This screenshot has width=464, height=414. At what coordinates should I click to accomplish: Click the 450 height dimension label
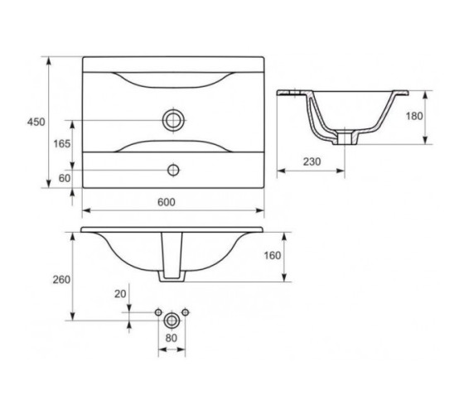(36, 122)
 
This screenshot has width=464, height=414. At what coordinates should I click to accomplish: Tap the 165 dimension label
(62, 144)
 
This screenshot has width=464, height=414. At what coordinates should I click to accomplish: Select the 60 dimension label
(65, 178)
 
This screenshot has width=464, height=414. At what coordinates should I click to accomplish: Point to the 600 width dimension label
(167, 202)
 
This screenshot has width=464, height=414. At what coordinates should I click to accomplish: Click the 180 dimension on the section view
(414, 116)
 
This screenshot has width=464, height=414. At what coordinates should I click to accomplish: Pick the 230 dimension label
(312, 161)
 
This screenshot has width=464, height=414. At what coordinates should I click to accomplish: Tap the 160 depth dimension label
(273, 256)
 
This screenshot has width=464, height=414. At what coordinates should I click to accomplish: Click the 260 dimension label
(61, 280)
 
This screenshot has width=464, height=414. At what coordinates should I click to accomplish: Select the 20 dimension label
(120, 294)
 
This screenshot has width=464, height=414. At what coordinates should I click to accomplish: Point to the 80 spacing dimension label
(172, 338)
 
